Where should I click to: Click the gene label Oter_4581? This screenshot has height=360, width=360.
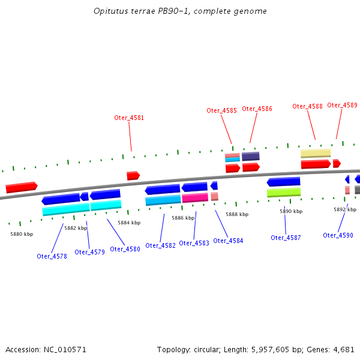pos(129,118)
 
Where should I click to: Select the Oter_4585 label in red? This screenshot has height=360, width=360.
pos(221,110)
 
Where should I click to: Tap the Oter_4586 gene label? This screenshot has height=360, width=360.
pos(257,109)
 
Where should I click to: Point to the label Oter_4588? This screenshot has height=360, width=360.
pos(307,106)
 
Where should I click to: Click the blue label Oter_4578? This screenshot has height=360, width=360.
pos(52,256)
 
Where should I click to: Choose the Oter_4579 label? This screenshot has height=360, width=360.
pos(89,252)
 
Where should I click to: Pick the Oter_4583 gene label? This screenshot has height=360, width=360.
pos(194,243)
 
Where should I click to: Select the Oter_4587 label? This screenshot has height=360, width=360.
pos(286,238)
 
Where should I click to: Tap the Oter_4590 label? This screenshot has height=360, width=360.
pos(338,235)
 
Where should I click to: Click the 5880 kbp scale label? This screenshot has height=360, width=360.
pos(21,234)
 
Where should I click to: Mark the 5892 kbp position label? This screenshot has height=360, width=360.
pos(344,209)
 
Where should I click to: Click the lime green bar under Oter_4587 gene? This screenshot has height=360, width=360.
pos(284,193)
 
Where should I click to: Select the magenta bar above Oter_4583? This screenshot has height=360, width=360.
pos(195,197)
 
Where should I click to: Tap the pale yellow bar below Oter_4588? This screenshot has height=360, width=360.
pos(316,153)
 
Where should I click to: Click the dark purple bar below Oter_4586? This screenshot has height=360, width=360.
pos(251,156)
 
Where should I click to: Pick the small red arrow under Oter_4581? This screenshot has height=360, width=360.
pos(133,176)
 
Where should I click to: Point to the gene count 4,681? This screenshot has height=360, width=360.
pos(343,349)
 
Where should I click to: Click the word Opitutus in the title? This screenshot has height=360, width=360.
pos(110,11)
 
